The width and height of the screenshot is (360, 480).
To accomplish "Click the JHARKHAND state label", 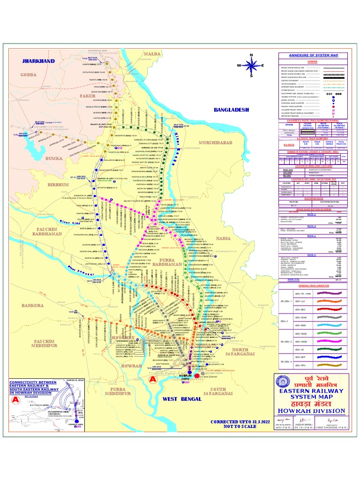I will pyautogui.click(x=38, y=61).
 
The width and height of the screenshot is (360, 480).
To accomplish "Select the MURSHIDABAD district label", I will pyautogui.click(x=216, y=142).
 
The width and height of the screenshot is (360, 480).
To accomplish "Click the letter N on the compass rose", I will pyautogui.click(x=252, y=56).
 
